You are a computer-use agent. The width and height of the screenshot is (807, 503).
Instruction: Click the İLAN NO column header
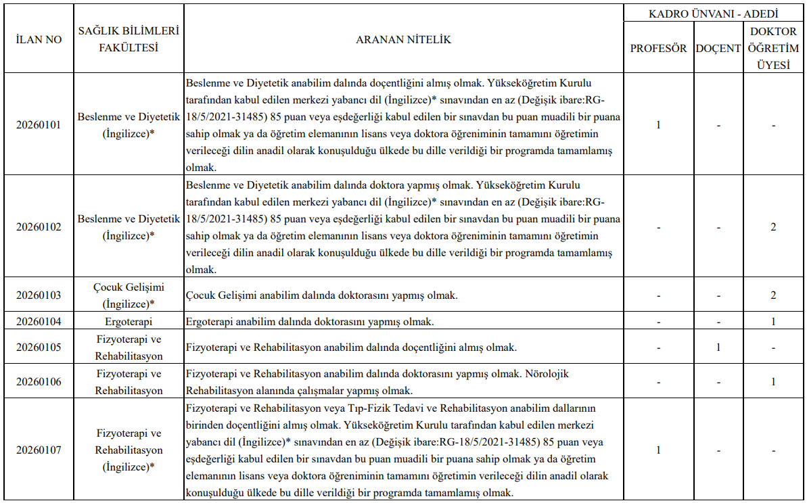[x=39, y=40]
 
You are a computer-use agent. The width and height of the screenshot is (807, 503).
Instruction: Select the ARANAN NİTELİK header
[x=403, y=40]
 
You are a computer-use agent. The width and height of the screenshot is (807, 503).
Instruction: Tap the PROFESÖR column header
[x=658, y=49]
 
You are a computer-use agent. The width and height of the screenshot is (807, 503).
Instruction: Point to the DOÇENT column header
[x=718, y=49]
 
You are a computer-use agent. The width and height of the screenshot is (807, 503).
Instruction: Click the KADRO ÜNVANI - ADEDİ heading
[x=714, y=14]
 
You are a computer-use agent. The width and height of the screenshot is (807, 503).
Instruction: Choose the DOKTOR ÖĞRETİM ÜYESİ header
[x=773, y=49]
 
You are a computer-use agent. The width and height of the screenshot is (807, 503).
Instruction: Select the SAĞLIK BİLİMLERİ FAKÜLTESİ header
[x=128, y=40]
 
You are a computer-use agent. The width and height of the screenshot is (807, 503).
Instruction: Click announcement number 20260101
[x=39, y=125]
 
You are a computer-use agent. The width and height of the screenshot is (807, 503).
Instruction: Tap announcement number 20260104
[x=39, y=321]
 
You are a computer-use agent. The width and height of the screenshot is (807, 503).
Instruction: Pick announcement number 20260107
[x=39, y=450]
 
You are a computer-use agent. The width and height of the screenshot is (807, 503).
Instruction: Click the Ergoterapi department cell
[x=128, y=321]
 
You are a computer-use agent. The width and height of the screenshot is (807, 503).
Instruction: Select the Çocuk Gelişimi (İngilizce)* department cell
[x=128, y=295]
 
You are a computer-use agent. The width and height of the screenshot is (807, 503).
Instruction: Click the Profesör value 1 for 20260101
[x=658, y=125]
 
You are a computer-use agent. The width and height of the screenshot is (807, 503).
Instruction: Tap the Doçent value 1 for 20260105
[x=718, y=348]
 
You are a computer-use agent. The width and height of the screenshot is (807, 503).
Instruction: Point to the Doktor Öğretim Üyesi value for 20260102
[x=773, y=227]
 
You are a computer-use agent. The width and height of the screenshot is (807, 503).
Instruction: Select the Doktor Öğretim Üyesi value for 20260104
[x=773, y=321]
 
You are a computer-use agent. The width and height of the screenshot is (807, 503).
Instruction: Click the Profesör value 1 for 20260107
[x=658, y=450]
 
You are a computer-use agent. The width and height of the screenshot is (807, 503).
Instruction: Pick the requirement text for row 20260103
[x=322, y=295]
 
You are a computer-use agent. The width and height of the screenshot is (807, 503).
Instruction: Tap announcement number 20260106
[x=39, y=382]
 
